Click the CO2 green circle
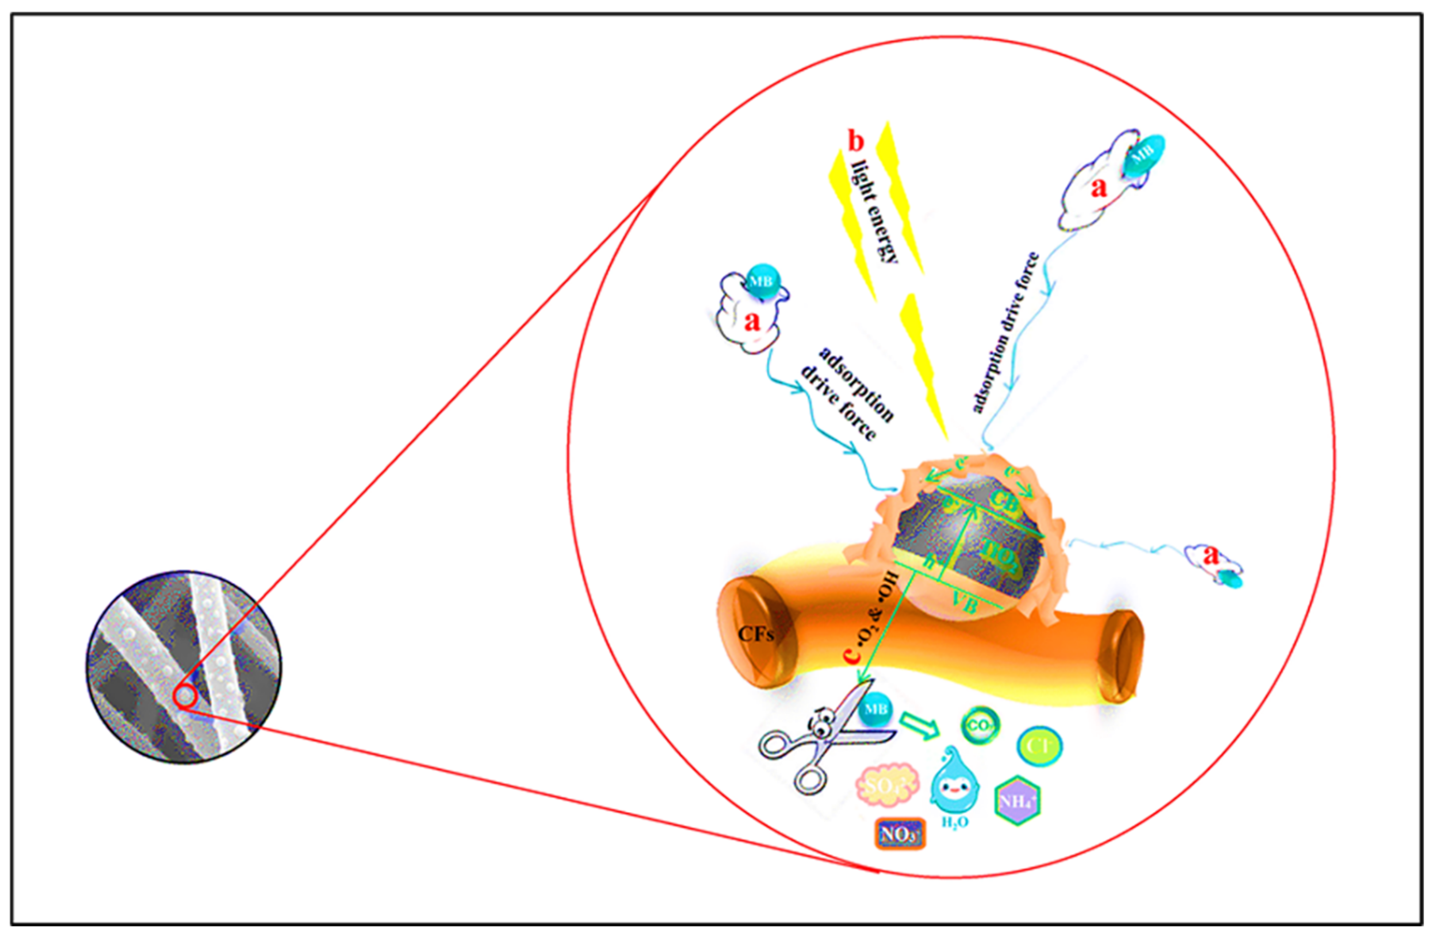[980, 725]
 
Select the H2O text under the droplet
[955, 822]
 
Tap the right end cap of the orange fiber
[1121, 656]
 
